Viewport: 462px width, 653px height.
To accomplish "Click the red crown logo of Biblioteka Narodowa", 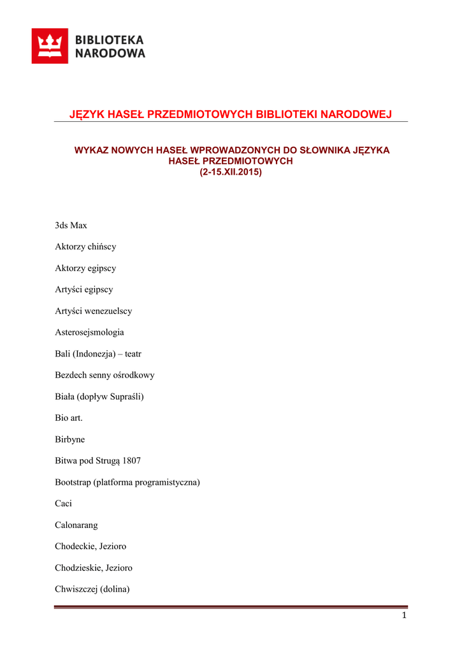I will tap(50, 46).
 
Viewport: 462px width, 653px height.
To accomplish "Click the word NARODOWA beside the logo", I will tap(110, 54).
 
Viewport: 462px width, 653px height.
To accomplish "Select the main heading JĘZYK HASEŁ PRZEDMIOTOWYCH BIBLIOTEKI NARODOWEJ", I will tap(230, 114).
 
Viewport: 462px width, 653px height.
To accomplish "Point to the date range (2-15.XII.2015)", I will tap(231, 172).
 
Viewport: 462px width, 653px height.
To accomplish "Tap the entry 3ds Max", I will tap(71, 225).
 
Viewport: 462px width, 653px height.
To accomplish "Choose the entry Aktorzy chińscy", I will tap(85, 247).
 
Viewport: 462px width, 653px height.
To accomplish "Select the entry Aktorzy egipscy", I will tap(85, 268).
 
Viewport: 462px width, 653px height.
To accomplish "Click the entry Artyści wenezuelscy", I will tap(93, 311).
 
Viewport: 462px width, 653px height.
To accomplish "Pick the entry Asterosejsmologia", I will tap(89, 332).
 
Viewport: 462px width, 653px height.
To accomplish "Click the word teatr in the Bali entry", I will tap(133, 354).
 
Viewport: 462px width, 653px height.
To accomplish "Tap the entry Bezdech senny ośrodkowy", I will tap(105, 375).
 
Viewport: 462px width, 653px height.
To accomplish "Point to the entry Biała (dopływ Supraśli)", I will tap(99, 397).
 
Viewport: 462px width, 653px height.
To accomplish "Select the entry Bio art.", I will tap(69, 418).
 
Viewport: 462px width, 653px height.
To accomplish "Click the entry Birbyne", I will tap(70, 439).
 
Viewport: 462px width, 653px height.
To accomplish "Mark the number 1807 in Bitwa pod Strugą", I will tap(132, 460).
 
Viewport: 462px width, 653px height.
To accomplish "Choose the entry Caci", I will tap(64, 503).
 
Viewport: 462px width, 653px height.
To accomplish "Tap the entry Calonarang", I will tap(76, 525).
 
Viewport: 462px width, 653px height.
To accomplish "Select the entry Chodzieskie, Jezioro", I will tap(94, 568).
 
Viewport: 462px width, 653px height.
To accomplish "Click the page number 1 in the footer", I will tap(404, 615).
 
